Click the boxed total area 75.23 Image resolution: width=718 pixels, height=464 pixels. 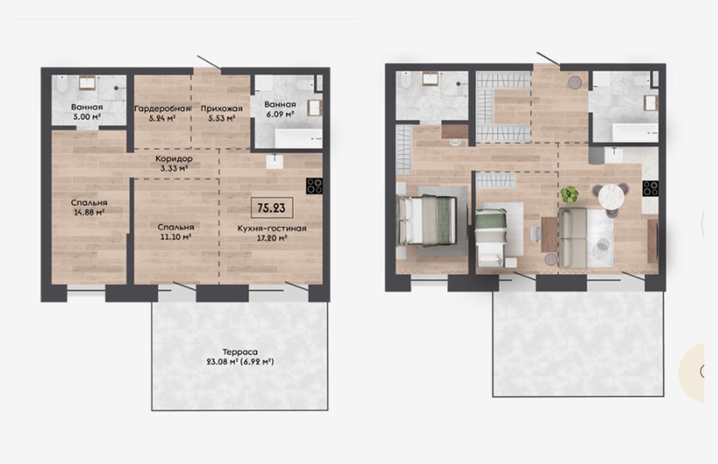(272, 208)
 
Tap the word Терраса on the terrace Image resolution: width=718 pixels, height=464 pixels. (240, 352)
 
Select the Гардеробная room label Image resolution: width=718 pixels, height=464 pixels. (162, 108)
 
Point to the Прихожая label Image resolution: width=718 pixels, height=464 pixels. (222, 108)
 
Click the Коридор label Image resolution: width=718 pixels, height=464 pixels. (174, 159)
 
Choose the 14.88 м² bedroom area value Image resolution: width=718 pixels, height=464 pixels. (89, 212)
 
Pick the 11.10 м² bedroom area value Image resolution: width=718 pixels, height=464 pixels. (176, 237)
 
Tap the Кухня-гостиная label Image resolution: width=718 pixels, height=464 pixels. (272, 228)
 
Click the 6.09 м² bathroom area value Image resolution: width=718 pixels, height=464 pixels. (280, 114)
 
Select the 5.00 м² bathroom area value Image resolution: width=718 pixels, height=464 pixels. (87, 117)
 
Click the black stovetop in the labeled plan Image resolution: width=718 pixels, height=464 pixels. (314, 186)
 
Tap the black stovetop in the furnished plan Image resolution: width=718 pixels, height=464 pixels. (650, 188)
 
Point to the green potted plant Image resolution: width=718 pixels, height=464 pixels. (570, 194)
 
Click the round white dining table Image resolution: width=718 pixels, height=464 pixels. (611, 196)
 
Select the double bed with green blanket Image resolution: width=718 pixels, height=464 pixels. (427, 220)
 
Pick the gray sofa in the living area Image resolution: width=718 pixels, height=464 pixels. (573, 238)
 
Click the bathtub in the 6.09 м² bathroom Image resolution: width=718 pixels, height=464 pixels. (299, 138)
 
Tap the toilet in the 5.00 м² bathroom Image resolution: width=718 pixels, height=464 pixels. (62, 85)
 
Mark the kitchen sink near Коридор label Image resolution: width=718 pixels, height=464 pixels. (274, 162)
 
